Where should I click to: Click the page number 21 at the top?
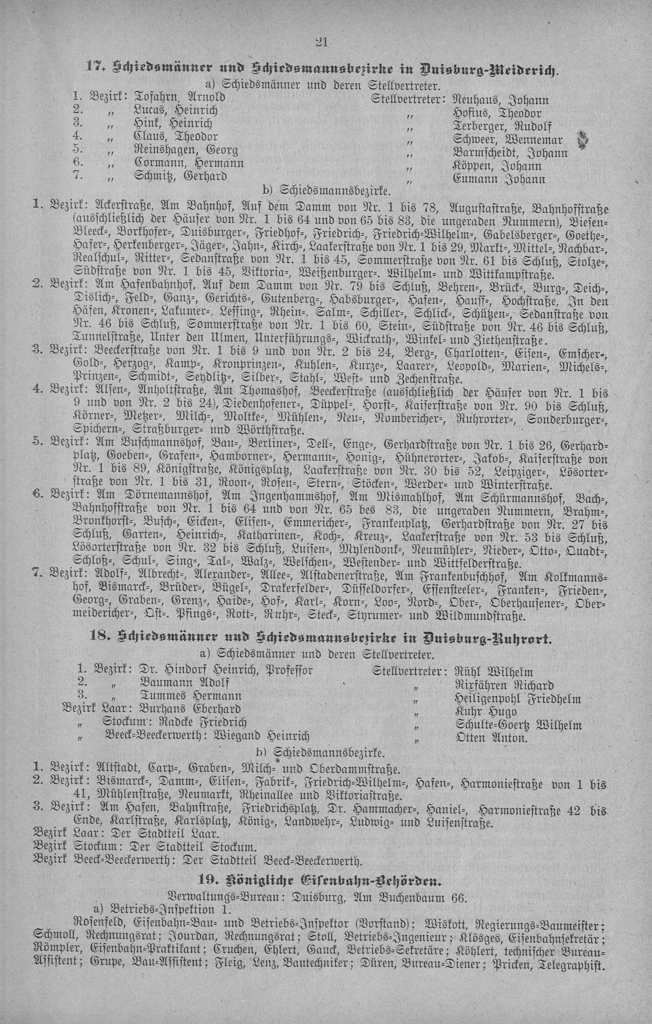click(322, 42)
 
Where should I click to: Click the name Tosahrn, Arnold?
click(179, 97)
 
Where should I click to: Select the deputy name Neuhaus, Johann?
click(501, 100)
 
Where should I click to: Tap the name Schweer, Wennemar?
click(507, 140)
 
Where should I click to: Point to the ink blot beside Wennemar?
click(582, 141)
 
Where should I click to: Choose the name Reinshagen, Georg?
click(186, 150)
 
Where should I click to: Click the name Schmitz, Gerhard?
click(181, 177)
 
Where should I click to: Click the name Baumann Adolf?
click(185, 683)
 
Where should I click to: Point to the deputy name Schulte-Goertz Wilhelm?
click(518, 725)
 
